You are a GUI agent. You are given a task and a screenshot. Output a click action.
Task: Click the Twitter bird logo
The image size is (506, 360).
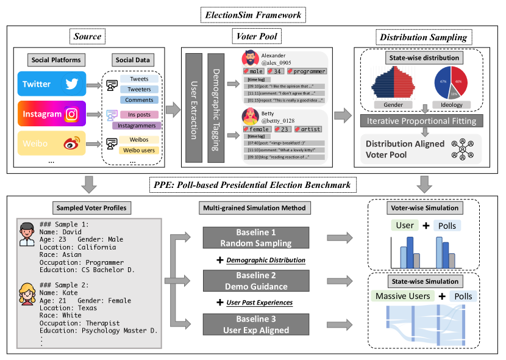(71, 84)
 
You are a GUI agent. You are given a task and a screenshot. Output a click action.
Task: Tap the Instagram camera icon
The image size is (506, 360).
(72, 113)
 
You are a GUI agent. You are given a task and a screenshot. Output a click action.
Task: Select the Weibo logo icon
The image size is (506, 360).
(72, 144)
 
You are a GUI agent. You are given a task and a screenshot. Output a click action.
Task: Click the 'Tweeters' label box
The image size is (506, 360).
(139, 90)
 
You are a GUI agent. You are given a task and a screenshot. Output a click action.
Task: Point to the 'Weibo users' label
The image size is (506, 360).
(139, 150)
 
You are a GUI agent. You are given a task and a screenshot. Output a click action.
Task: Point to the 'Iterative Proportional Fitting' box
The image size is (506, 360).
(420, 121)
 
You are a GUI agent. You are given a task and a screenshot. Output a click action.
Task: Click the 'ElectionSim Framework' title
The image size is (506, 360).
(253, 14)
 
